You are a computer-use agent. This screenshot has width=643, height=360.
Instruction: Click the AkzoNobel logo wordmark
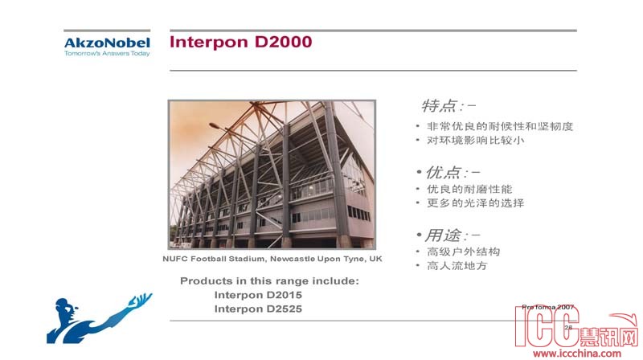(107, 43)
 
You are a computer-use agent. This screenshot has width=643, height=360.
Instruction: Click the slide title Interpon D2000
(240, 42)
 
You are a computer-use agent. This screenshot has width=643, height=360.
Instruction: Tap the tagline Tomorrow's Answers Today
(107, 53)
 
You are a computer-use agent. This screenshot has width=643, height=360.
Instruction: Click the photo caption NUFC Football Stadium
(272, 259)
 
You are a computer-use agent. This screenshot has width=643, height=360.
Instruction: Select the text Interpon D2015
(258, 295)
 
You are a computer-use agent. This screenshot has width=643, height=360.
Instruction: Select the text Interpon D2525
(258, 309)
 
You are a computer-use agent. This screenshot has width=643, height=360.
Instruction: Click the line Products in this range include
(269, 281)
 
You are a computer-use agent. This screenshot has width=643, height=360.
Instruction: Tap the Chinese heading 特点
(439, 106)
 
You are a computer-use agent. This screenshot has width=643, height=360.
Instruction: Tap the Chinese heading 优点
(444, 173)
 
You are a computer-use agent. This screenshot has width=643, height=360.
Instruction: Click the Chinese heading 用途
(444, 235)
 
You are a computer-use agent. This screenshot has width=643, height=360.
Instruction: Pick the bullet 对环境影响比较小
(475, 141)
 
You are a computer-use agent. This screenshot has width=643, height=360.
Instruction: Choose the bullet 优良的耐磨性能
(469, 189)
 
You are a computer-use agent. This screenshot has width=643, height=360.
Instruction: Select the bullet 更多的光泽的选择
(475, 203)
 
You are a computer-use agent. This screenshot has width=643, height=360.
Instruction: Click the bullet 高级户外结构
(464, 252)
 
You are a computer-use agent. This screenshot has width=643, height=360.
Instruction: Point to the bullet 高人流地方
(457, 266)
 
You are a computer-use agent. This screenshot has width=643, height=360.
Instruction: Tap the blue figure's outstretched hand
(141, 300)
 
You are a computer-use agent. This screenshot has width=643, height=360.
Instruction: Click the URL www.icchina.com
(577, 353)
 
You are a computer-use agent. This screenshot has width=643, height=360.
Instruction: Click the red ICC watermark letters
(547, 327)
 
